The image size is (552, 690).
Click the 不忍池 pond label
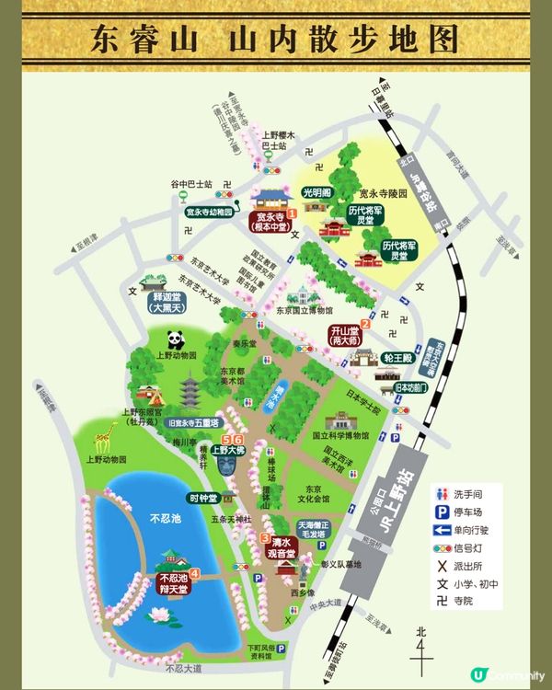coord(167,519)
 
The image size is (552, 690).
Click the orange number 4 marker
coord(194,574)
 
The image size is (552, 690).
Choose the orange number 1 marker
coord(292,213)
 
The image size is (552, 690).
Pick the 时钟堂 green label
coord(202,498)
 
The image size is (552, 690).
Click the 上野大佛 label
coord(227,451)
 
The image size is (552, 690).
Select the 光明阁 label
coord(316,192)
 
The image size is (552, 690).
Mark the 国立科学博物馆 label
coord(339,435)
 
